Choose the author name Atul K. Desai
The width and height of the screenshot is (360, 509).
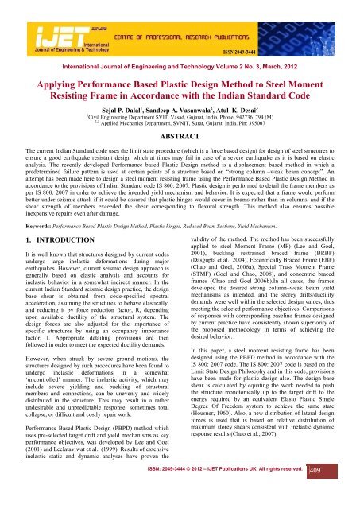point(246,105)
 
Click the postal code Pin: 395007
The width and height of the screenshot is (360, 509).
point(273,122)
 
